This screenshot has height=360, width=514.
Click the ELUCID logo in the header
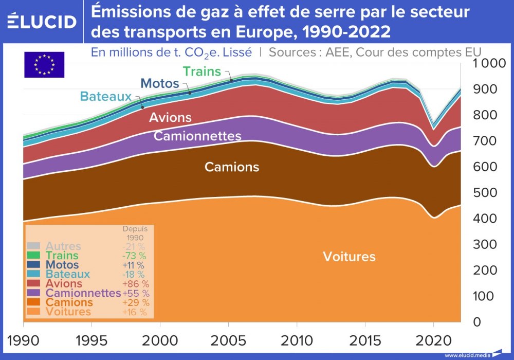click(42, 21)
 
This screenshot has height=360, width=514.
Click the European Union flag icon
click(44, 65)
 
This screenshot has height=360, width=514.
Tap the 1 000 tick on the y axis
click(486, 64)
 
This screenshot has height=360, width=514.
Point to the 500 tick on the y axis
click(485, 193)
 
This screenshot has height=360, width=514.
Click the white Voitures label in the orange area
click(349, 257)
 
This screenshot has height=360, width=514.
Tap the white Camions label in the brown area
click(232, 167)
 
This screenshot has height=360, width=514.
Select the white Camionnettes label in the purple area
click(197, 136)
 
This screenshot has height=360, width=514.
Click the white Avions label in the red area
click(170, 118)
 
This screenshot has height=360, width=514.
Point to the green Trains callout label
click(201, 71)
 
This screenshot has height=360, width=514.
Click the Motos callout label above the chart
click(160, 83)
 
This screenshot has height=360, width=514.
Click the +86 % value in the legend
click(136, 284)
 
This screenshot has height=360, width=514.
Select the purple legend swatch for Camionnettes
click(33, 293)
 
